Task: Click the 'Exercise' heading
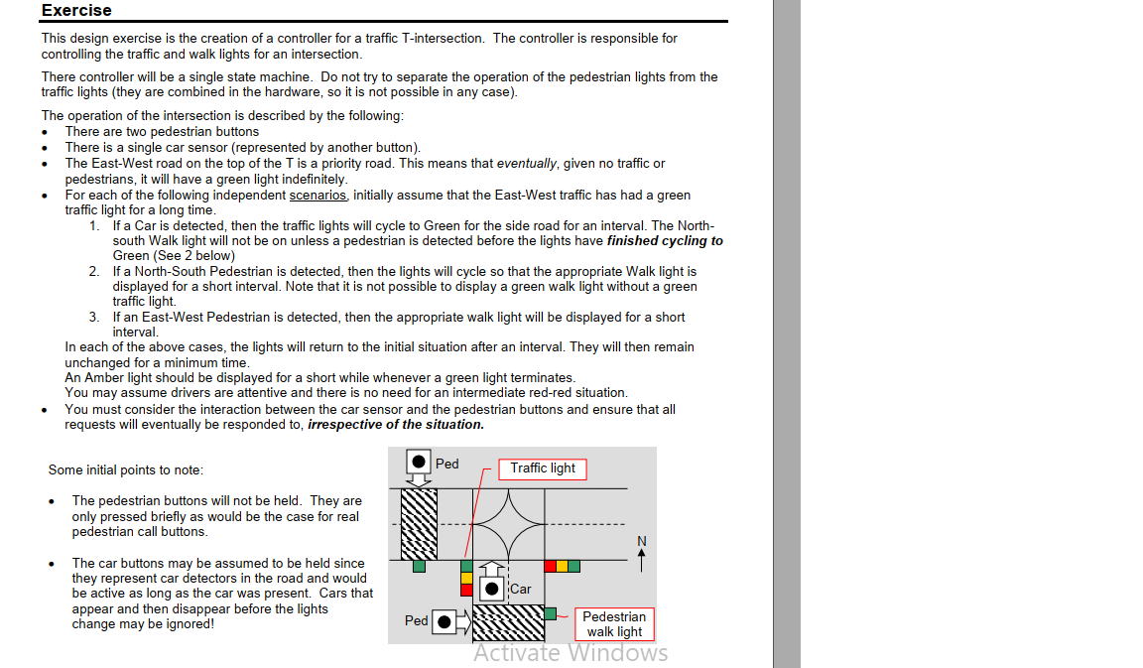[76, 10]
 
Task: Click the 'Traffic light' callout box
[543, 468]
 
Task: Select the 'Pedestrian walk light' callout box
[614, 624]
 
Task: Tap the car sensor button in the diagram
[492, 589]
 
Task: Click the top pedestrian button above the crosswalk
[419, 462]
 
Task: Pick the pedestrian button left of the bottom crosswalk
[444, 622]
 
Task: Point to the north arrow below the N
[642, 560]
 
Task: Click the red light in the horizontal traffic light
[551, 567]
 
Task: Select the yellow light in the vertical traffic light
[466, 579]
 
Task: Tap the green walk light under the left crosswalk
[419, 567]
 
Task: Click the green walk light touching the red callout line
[551, 614]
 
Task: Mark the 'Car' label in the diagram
[521, 590]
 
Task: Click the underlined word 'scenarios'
[317, 196]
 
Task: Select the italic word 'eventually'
[526, 164]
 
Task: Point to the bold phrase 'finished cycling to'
[665, 240]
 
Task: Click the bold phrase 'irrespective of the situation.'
[396, 425]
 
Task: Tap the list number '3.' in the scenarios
[95, 318]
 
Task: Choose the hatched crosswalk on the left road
[419, 524]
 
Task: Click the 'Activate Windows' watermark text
[571, 653]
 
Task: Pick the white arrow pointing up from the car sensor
[492, 568]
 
